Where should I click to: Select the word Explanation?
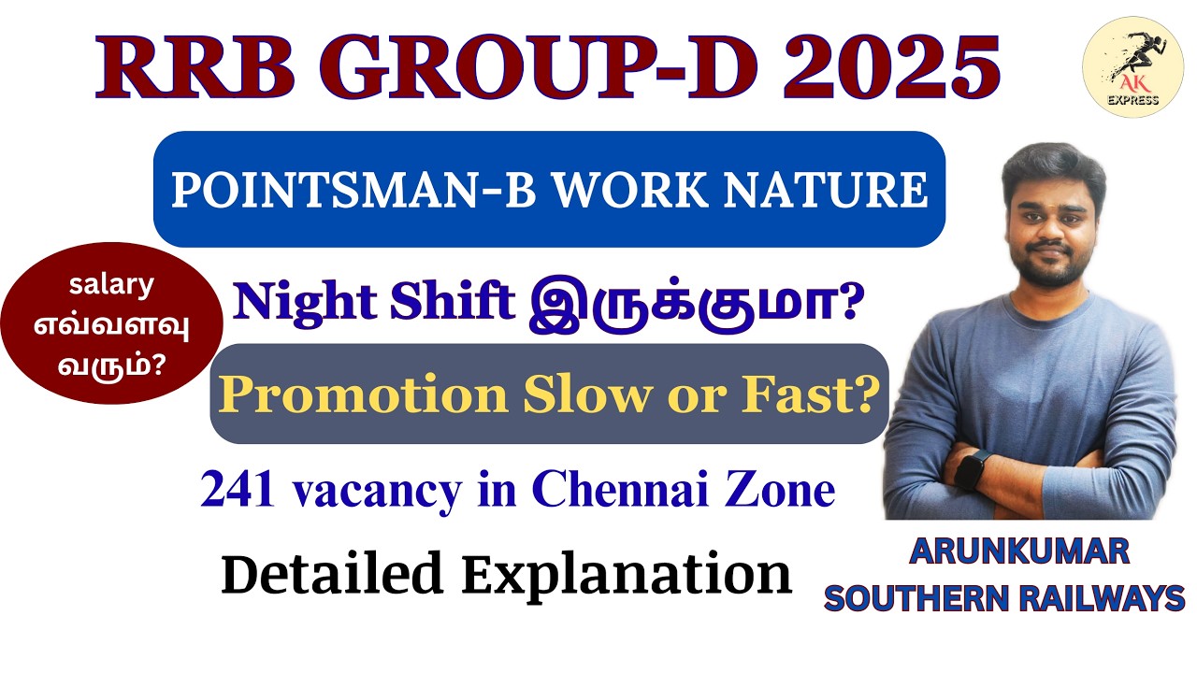[627, 575]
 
